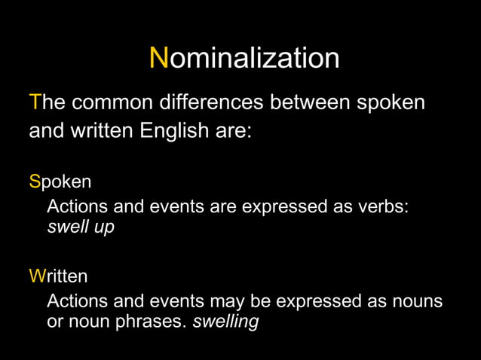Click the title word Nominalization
pyautogui.click(x=244, y=57)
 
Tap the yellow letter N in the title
pyautogui.click(x=158, y=57)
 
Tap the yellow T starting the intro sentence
pyautogui.click(x=34, y=102)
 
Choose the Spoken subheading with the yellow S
pyautogui.click(x=60, y=182)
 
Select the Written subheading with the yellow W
pyautogui.click(x=58, y=276)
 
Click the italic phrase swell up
pyautogui.click(x=81, y=227)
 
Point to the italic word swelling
pyautogui.click(x=225, y=322)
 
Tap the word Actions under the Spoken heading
pyautogui.click(x=78, y=206)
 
